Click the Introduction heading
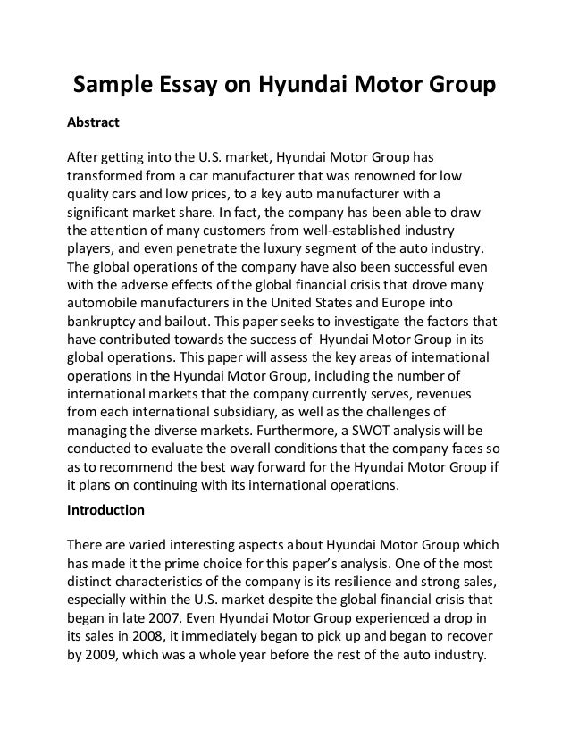coord(106,512)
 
